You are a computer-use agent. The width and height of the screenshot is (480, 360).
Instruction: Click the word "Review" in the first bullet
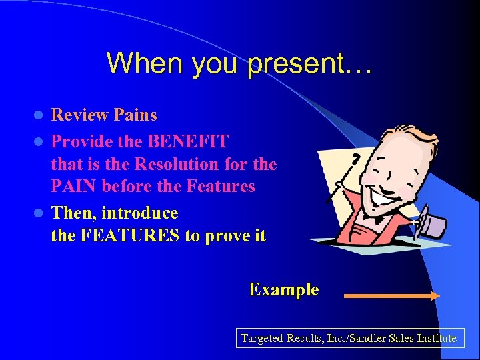click(x=80, y=115)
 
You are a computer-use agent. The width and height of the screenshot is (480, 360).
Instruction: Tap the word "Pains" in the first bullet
click(x=135, y=115)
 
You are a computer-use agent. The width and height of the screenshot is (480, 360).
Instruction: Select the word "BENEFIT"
click(x=189, y=141)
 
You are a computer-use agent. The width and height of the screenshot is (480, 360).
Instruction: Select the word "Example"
click(x=283, y=290)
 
